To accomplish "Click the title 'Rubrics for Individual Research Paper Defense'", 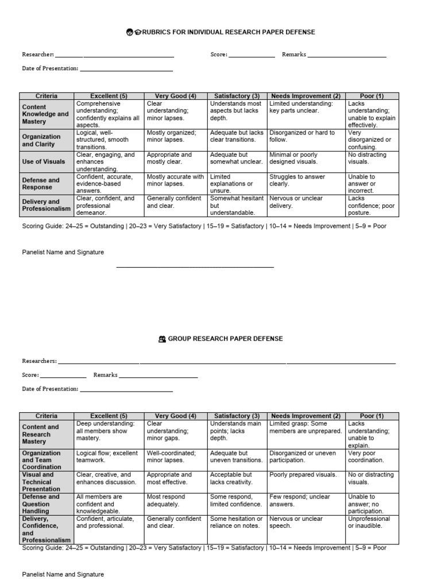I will pyautogui.click(x=225, y=32).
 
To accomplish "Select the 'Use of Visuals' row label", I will pyautogui.click(x=44, y=162).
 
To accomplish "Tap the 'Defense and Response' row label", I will pyautogui.click(x=41, y=184).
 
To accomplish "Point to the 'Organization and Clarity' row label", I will pyautogui.click(x=41, y=140).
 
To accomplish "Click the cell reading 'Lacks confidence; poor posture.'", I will pyautogui.click(x=372, y=206).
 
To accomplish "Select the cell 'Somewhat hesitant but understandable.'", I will pyautogui.click(x=236, y=206).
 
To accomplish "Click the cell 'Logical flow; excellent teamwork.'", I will pyautogui.click(x=107, y=457).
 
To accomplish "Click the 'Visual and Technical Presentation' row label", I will pyautogui.click(x=41, y=482).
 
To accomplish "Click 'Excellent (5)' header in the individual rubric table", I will pyautogui.click(x=109, y=96).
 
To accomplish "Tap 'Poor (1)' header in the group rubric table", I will pyautogui.click(x=372, y=416).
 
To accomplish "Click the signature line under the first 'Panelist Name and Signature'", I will pyautogui.click(x=195, y=267).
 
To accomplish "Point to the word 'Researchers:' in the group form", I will pyautogui.click(x=39, y=361).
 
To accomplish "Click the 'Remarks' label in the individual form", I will pyautogui.click(x=294, y=55).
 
